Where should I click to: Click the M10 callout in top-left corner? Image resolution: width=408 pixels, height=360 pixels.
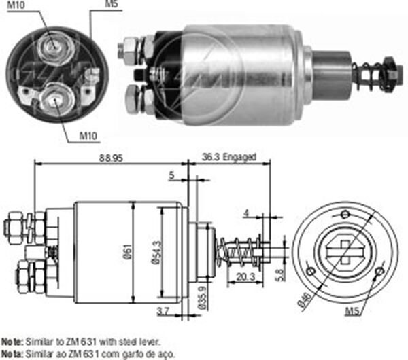pyautogui.click(x=19, y=6)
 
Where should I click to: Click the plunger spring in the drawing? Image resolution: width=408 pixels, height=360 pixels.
pyautogui.click(x=238, y=253)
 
